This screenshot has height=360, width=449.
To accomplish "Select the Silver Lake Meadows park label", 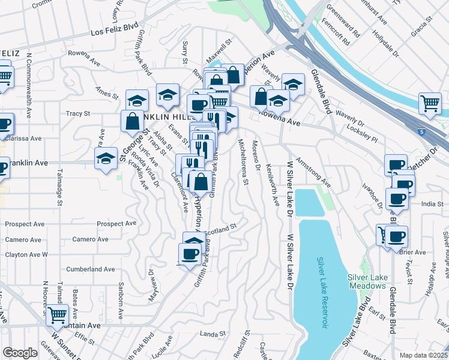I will pyautogui.click(x=366, y=281).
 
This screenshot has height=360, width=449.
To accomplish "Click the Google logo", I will pyautogui.click(x=20, y=353).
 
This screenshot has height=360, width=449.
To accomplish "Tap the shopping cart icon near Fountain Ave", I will pyautogui.click(x=57, y=314).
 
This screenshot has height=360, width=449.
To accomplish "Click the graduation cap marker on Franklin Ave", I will pyautogui.click(x=106, y=159).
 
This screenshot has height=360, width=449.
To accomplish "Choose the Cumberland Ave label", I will pyautogui.click(x=91, y=269).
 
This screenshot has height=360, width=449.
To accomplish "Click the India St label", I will pyautogui.click(x=432, y=204).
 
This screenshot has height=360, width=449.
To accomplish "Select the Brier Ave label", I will pyautogui.click(x=413, y=253).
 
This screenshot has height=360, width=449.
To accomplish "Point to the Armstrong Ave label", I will pyautogui.click(x=313, y=173).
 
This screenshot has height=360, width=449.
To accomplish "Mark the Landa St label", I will pyautogui.click(x=212, y=334).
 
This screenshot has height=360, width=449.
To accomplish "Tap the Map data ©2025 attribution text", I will pyautogui.click(x=423, y=355).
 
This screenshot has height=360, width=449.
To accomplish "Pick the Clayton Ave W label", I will pyautogui.click(x=26, y=254).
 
